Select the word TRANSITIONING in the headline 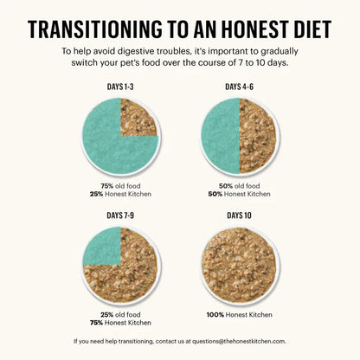[95, 29]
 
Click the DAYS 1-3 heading [120, 87]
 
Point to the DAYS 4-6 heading [239, 87]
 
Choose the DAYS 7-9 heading [120, 215]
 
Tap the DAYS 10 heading [239, 215]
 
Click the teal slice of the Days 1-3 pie [106, 145]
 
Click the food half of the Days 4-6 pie [256, 136]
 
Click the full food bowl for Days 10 [239, 265]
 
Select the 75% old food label [120, 186]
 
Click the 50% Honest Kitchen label [240, 194]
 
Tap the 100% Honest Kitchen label [240, 315]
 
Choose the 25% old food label [120, 315]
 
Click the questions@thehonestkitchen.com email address [239, 341]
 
